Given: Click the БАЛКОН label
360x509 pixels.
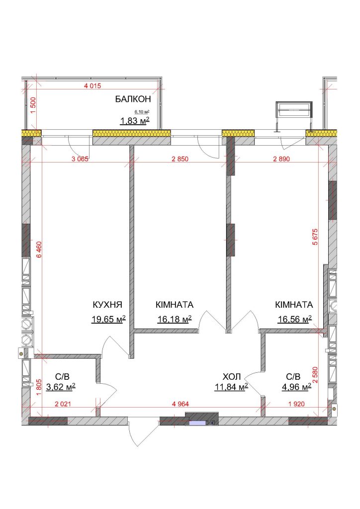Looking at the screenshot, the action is tap(133, 99).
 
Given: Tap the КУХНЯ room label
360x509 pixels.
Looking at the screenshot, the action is tap(107, 305).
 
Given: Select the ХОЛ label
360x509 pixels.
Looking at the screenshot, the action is tap(232, 377).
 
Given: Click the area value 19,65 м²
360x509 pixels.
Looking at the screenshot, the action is tap(108, 320).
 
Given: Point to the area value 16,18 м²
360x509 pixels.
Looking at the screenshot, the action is tap(175, 320).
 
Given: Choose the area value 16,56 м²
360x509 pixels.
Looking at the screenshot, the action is tap(294, 320).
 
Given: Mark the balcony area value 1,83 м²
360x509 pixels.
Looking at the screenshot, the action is tap(135, 121).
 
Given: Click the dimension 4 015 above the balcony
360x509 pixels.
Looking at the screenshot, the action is tap(92, 86).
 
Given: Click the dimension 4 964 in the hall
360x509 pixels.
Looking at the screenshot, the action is tap(180, 404).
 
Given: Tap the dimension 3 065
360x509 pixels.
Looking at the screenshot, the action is tap(80, 159).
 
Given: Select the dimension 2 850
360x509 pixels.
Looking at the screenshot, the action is tap(180, 159).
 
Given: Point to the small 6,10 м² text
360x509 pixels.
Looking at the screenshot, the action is tap(142, 112).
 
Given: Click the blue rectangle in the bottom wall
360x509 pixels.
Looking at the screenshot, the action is tap(197, 423).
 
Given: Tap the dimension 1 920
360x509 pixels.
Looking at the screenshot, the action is tap(296, 404).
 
